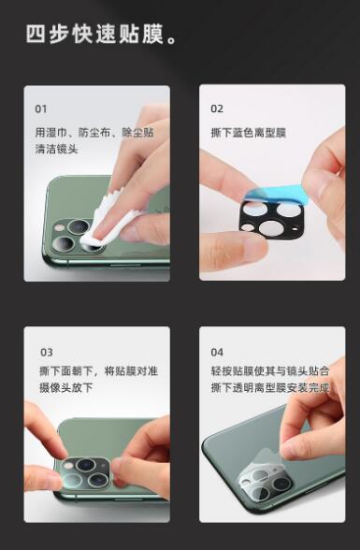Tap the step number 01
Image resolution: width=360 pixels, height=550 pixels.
[41, 109]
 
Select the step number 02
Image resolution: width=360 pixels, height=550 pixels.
[217, 109]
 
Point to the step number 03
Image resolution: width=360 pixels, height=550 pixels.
[47, 352]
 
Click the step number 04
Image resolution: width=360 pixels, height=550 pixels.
[217, 352]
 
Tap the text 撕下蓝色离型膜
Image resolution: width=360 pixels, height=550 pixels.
[249, 133]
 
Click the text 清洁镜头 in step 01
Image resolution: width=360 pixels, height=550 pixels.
[56, 149]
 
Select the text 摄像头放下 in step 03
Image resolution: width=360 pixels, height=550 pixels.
[66, 387]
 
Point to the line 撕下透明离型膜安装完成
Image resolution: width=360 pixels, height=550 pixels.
[270, 387]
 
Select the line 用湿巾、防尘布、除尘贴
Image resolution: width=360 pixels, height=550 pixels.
[94, 133]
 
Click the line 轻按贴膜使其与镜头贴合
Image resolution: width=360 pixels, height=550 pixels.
[270, 371]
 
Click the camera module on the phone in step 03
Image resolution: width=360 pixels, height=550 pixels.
[85, 473]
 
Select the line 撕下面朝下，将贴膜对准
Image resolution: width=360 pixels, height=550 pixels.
[98, 371]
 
